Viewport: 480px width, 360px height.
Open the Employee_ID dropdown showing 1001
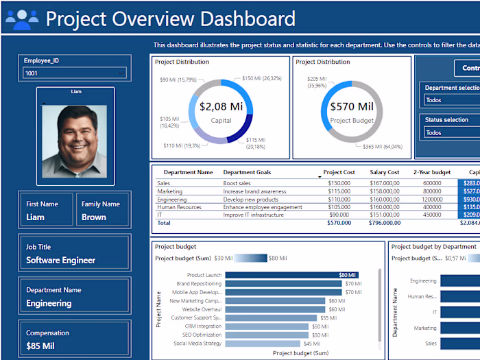(75, 73)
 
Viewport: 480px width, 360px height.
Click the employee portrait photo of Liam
(75, 140)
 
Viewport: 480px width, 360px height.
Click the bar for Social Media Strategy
(263, 344)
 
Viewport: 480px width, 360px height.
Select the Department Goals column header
(248, 173)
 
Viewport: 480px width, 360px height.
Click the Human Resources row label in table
(179, 207)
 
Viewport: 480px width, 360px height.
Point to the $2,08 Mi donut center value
(221, 107)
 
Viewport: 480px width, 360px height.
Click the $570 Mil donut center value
(351, 107)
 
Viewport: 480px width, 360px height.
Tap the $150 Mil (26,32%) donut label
(261, 78)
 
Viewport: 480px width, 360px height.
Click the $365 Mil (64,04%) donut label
(382, 146)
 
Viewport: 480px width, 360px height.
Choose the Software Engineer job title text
(61, 261)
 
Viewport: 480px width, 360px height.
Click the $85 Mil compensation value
(40, 346)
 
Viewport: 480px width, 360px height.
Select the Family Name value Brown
(94, 217)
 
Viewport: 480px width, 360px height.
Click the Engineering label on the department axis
(423, 280)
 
